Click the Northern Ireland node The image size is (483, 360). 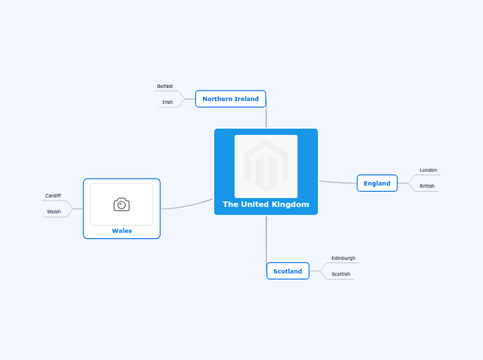point(230,99)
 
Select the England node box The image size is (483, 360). point(377,183)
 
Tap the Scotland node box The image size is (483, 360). point(288,271)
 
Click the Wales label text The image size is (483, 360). point(122,231)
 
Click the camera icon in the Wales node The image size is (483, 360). point(122,204)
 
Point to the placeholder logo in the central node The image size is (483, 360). point(266,166)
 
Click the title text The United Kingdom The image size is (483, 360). point(266,204)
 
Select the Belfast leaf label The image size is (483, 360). point(165,86)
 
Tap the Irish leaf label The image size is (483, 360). point(167,102)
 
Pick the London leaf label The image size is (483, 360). point(428,170)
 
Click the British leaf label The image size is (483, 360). point(427,186)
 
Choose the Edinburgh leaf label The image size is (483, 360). point(343,258)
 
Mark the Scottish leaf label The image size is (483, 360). point(341,274)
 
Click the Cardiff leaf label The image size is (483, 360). point(53,196)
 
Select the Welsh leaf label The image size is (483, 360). point(53,212)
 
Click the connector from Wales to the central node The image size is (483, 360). point(187,206)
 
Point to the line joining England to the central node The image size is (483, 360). point(337,183)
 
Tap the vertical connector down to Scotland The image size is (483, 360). point(266,240)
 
